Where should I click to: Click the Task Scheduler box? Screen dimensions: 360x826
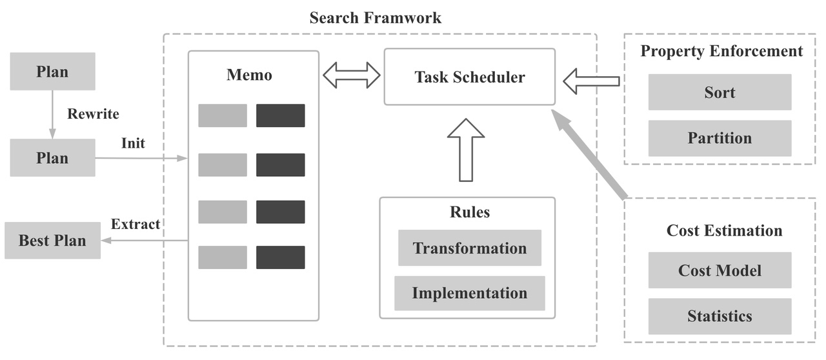pyautogui.click(x=469, y=77)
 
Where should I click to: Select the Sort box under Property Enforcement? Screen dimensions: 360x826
pyautogui.click(x=720, y=92)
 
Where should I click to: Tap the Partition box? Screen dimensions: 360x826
pyautogui.click(x=720, y=138)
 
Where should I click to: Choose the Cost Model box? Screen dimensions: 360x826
pyautogui.click(x=720, y=270)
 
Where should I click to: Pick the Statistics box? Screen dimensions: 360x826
pyautogui.click(x=720, y=316)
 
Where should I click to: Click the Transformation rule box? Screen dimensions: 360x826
pyautogui.click(x=469, y=248)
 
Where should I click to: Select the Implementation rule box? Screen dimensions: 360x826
pyautogui.click(x=469, y=293)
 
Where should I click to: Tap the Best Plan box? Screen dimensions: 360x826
pyautogui.click(x=52, y=241)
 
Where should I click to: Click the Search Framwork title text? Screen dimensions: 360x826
pyautogui.click(x=376, y=17)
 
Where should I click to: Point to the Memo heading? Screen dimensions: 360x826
pyautogui.click(x=249, y=75)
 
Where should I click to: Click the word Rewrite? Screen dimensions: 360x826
pyautogui.click(x=93, y=114)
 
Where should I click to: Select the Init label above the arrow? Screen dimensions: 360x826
pyautogui.click(x=133, y=143)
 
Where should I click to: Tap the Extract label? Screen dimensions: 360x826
pyautogui.click(x=136, y=225)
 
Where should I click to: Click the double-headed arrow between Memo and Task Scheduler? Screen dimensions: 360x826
pyautogui.click(x=351, y=75)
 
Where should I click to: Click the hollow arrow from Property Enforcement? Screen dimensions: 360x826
pyautogui.click(x=590, y=81)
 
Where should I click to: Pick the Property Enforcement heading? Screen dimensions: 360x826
pyautogui.click(x=721, y=51)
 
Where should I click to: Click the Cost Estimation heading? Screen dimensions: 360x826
pyautogui.click(x=724, y=231)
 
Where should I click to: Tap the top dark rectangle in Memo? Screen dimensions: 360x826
pyautogui.click(x=280, y=115)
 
